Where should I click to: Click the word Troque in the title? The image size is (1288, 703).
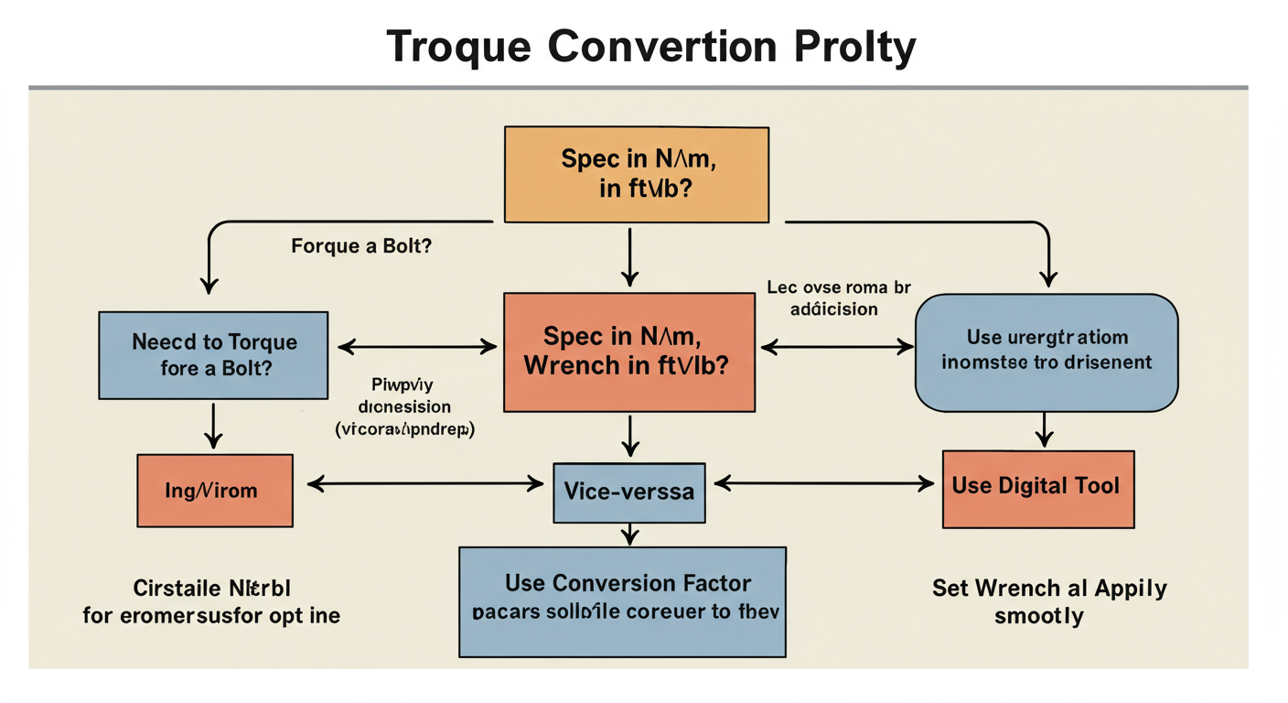pos(458,47)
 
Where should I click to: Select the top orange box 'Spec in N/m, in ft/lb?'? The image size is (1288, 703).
pos(636,174)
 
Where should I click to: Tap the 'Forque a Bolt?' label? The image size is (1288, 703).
pos(361,246)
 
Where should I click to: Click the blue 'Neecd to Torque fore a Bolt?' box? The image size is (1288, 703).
pos(213,355)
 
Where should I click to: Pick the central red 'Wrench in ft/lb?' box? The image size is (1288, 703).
pos(629,351)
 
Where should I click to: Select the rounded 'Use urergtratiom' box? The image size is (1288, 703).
pos(1046,351)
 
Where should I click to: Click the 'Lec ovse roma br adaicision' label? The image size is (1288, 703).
pos(839,298)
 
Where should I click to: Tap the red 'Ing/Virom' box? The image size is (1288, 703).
pos(215,491)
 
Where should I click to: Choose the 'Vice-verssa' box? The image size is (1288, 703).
pos(628,492)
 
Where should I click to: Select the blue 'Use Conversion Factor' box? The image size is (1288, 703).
pos(622,601)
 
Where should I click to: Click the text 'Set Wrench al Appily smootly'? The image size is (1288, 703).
pos(1048,601)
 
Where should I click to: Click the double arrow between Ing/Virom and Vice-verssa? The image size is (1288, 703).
pos(424,484)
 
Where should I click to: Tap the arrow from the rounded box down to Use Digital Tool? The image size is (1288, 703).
pos(1045,428)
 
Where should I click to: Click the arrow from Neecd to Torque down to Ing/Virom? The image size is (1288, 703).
pos(213,426)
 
